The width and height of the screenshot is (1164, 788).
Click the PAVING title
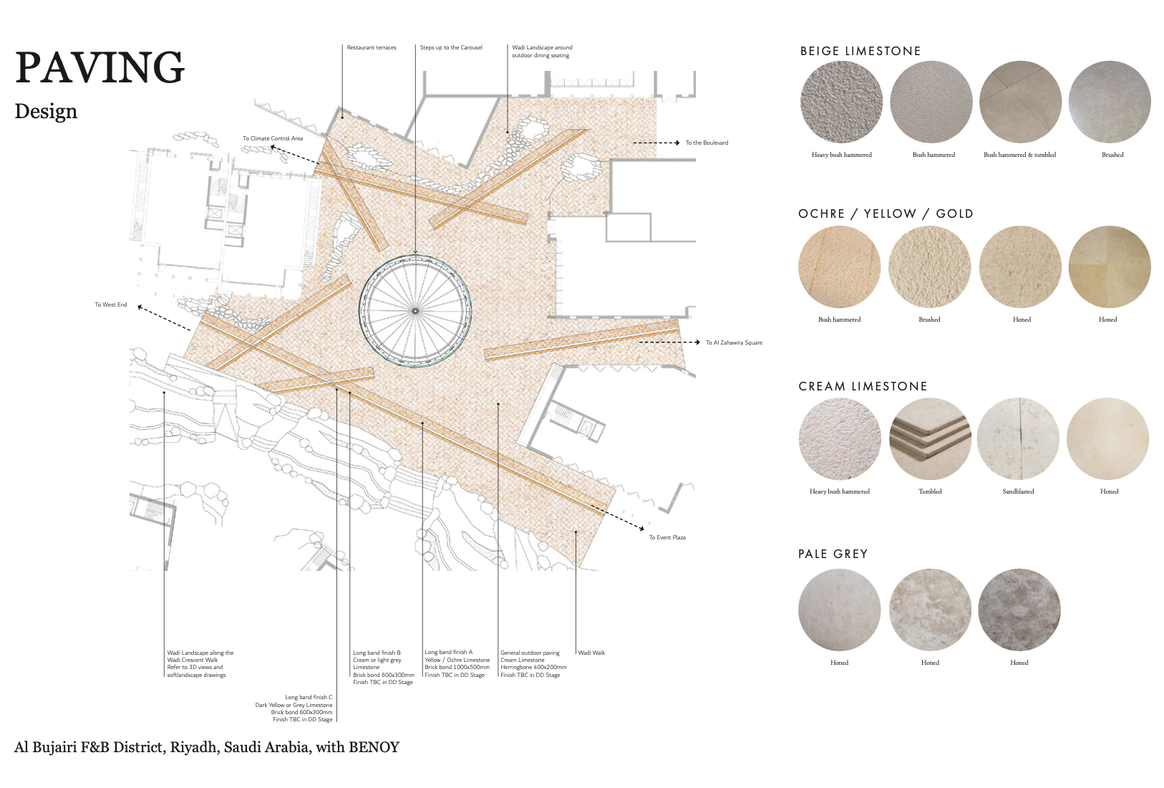[x=100, y=67]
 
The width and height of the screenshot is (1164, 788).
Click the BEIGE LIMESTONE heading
[x=860, y=51]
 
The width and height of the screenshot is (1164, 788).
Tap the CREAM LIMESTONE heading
[x=863, y=386]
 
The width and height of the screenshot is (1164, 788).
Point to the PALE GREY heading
[x=833, y=554]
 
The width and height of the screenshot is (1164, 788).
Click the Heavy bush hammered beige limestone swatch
[x=841, y=102]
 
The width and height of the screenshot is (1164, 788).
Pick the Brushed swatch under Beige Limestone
[x=1109, y=102]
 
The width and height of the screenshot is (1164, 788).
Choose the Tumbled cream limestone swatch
[x=930, y=438]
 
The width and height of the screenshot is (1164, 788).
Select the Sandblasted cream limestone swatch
[x=1017, y=438]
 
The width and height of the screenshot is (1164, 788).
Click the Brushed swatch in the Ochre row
[x=929, y=267]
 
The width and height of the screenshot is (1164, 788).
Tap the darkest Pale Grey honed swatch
[x=1019, y=610]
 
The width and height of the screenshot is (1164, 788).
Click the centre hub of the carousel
[x=414, y=311]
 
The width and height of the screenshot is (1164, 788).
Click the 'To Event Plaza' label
[x=667, y=537]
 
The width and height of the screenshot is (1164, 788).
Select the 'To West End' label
[x=111, y=304]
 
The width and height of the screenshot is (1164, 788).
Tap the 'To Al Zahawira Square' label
[x=734, y=342]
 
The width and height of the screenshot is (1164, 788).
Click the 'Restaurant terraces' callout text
[x=371, y=47]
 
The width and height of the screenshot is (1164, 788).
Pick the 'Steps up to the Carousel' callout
[x=451, y=47]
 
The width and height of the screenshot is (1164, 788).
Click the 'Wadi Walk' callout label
[x=591, y=653]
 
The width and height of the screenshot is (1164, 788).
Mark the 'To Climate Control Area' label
[x=272, y=138]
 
